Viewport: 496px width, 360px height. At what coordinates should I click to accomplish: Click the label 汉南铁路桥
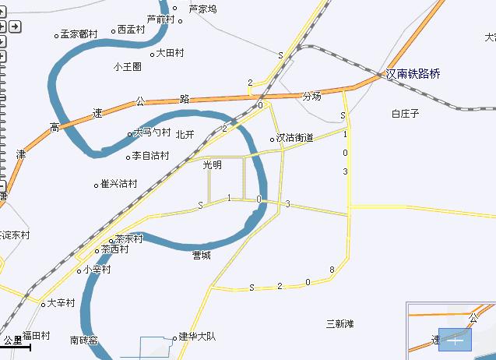click(413, 74)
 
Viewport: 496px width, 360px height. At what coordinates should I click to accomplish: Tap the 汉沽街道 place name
click(295, 138)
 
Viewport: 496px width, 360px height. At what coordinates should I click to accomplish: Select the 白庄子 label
click(406, 114)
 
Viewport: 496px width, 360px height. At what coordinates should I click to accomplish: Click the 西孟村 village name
click(132, 30)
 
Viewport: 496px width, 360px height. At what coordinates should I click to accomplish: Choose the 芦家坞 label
click(203, 9)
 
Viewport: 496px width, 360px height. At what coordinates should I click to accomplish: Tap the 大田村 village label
click(170, 53)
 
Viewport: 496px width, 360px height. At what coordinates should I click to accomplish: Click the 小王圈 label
click(127, 67)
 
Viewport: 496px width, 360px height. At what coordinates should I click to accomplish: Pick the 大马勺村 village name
click(152, 133)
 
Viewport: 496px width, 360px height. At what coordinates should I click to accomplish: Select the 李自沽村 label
click(150, 156)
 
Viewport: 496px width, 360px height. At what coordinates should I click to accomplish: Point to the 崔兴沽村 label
click(120, 184)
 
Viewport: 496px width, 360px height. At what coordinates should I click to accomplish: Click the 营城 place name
click(202, 255)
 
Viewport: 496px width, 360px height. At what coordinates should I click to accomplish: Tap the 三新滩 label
click(339, 323)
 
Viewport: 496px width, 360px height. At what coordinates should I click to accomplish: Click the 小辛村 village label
click(97, 270)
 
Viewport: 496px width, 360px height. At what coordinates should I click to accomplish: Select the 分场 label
click(311, 97)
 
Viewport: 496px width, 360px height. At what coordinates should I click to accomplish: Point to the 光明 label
click(212, 165)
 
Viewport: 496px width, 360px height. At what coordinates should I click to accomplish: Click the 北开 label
click(185, 134)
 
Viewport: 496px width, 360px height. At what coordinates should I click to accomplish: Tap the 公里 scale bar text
click(12, 341)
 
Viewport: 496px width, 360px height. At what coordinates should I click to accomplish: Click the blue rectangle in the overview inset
click(455, 340)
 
